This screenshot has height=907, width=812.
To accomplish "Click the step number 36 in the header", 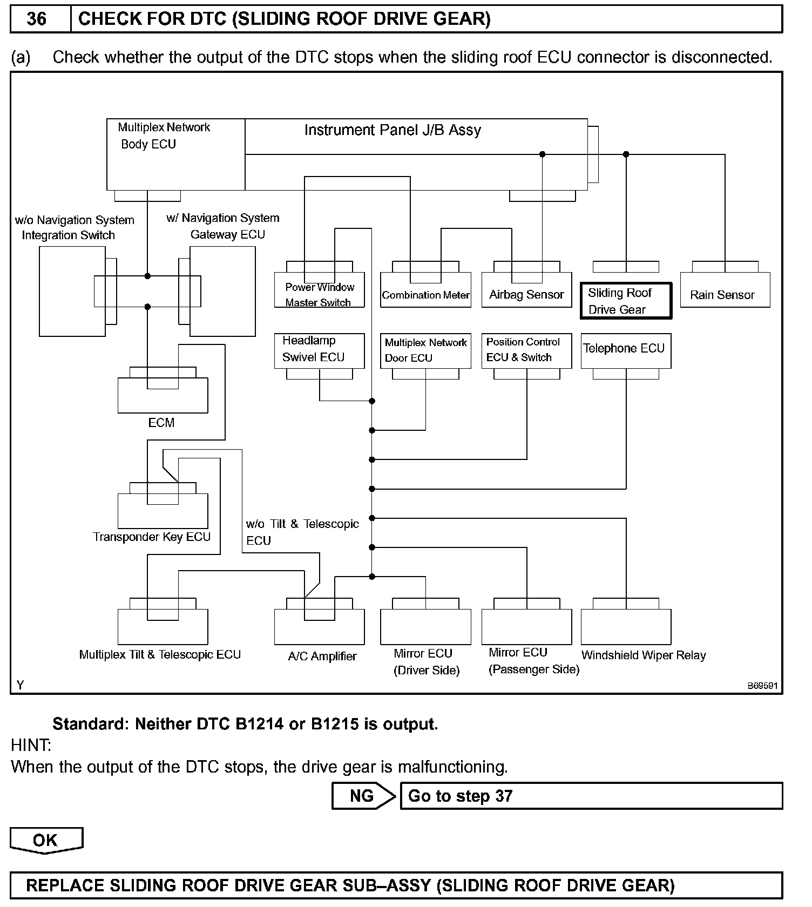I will (x=37, y=19).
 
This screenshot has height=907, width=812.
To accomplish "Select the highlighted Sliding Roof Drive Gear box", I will (x=626, y=301).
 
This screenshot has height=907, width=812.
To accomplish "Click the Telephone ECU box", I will (x=626, y=350).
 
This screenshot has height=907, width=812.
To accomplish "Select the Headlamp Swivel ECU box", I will (x=319, y=350).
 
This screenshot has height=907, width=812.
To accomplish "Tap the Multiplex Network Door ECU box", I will (x=425, y=350).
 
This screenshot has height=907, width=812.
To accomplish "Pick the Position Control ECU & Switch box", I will (x=526, y=350).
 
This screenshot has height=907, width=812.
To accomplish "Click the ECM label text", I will (x=161, y=423).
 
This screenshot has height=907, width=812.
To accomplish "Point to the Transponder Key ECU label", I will (x=152, y=537).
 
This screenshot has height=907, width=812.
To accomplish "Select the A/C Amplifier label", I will (x=322, y=656).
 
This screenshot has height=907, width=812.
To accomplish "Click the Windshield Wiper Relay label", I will (x=644, y=655).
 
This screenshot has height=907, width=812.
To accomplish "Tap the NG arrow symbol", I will (x=363, y=796).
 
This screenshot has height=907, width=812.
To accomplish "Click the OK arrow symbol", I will (x=46, y=841).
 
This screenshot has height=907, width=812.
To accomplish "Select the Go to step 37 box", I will (x=591, y=796).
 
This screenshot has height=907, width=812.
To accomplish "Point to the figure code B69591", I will (x=762, y=686).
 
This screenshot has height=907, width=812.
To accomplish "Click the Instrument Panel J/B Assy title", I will (x=393, y=130).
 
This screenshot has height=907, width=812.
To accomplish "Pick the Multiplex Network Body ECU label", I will (x=164, y=136).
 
